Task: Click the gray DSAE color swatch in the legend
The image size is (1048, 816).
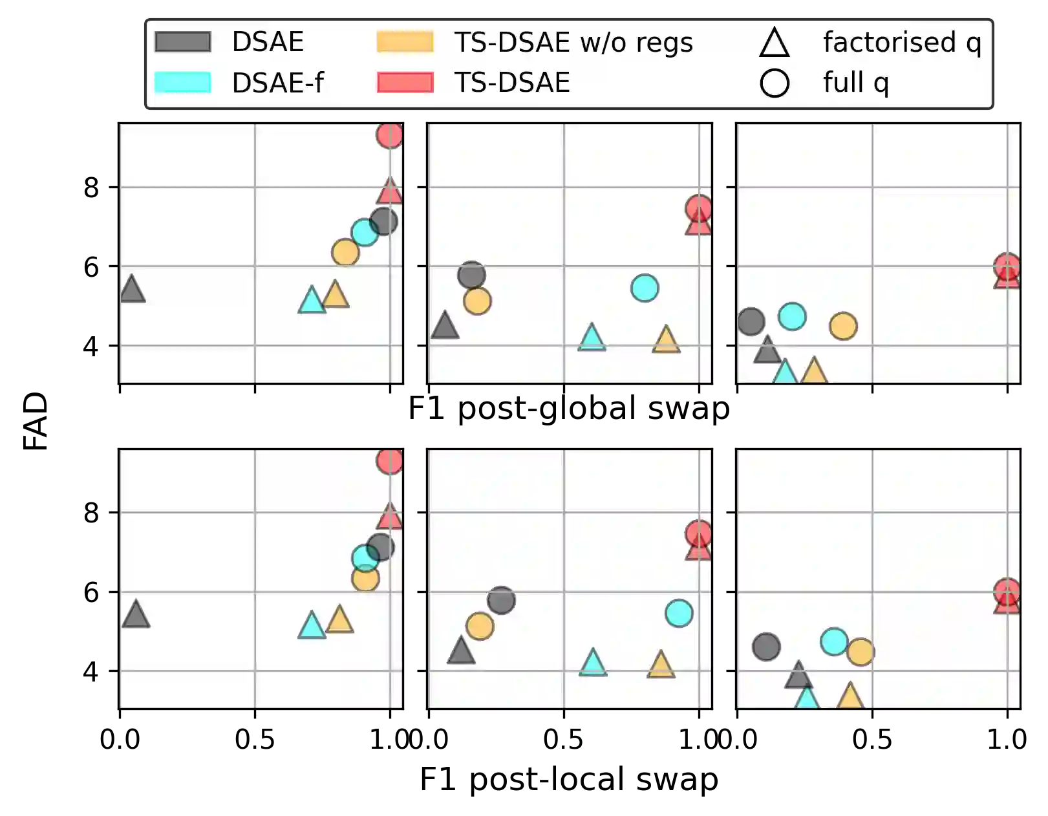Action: pos(183,42)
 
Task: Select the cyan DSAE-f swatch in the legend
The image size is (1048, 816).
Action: pos(183,83)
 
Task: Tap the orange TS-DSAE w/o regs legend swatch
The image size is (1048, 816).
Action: pos(405,42)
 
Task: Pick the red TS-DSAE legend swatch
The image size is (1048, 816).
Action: pos(405,83)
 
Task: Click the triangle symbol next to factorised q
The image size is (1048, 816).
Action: pos(775,43)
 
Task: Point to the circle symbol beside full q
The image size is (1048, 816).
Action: pos(775,83)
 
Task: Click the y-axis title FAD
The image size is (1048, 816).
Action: pos(34,419)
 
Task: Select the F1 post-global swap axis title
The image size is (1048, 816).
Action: pos(568,409)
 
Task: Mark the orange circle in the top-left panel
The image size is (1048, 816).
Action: pos(345,252)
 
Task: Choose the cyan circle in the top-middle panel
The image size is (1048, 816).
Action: pos(645,288)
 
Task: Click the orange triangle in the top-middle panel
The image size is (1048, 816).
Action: pos(666,339)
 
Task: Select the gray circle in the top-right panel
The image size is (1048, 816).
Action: pos(751,321)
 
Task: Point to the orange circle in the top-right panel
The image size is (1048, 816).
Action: pos(843,326)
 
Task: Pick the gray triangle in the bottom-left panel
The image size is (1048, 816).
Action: pos(136,615)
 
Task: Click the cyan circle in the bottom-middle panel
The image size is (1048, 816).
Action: pos(679,612)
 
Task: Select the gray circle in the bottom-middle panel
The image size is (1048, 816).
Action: pos(501,600)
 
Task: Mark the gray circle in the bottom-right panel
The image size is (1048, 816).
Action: pos(766,647)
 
